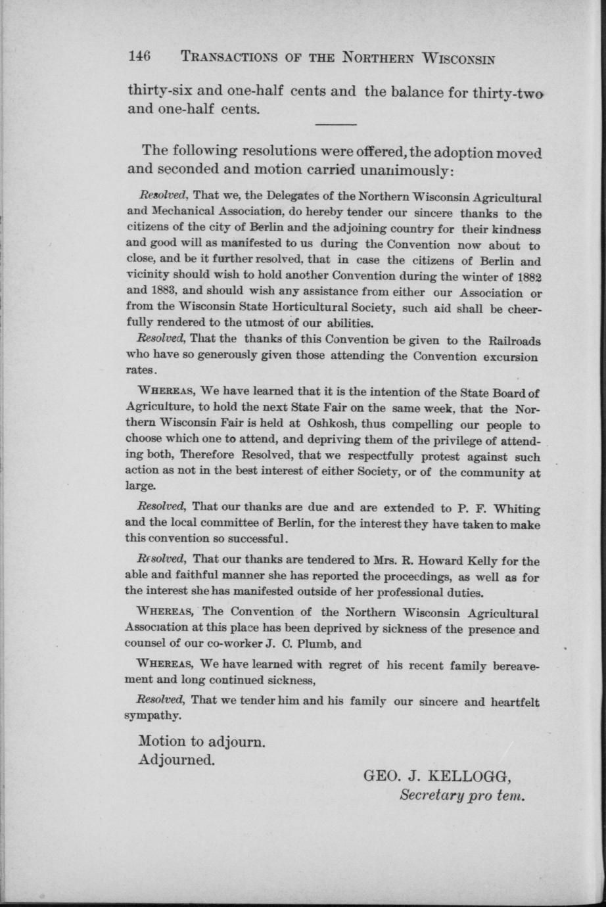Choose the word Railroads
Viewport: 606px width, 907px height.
(x=513, y=340)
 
